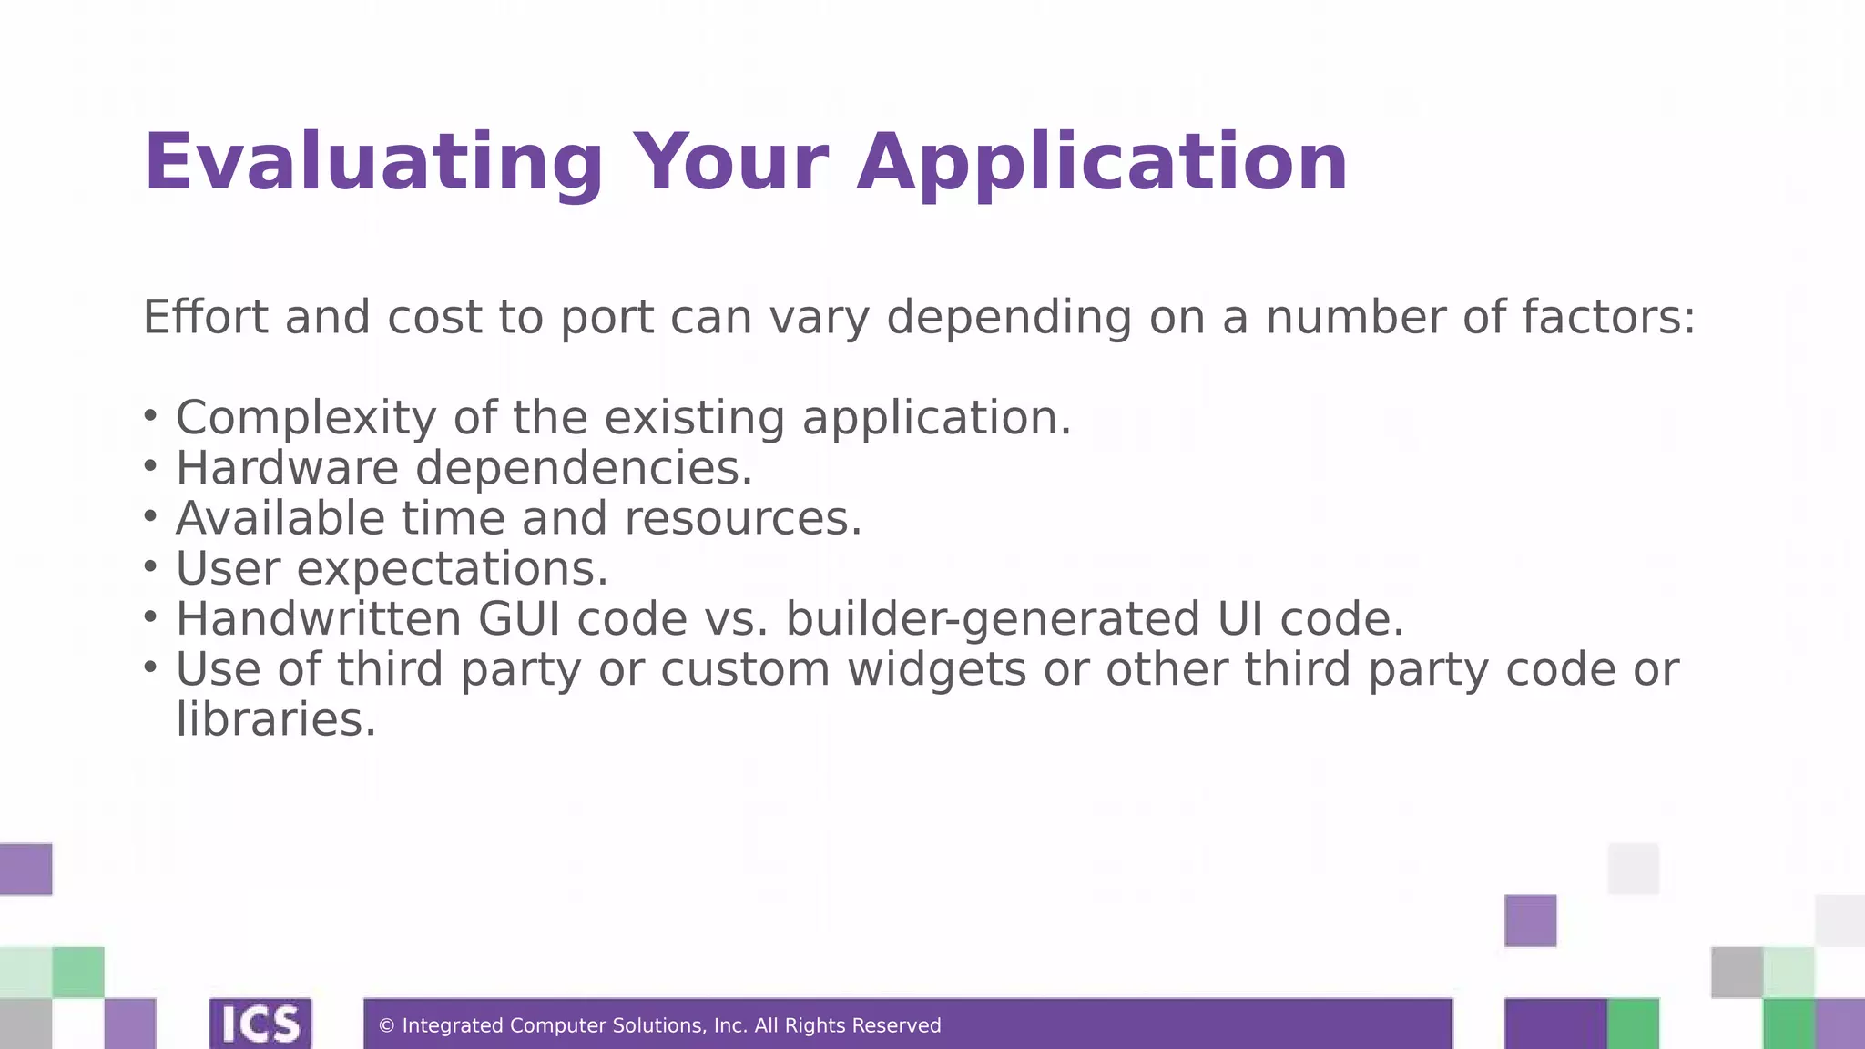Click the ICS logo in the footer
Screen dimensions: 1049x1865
point(260,1024)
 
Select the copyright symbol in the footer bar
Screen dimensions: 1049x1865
point(386,1026)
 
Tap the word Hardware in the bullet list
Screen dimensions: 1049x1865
point(287,468)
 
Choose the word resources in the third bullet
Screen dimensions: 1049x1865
point(742,518)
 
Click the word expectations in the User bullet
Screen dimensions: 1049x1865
point(452,569)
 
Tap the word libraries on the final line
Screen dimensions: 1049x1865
point(275,719)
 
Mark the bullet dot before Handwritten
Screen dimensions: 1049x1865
point(150,616)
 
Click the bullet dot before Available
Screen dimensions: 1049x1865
point(150,515)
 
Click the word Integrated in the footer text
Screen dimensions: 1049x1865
point(453,1026)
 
